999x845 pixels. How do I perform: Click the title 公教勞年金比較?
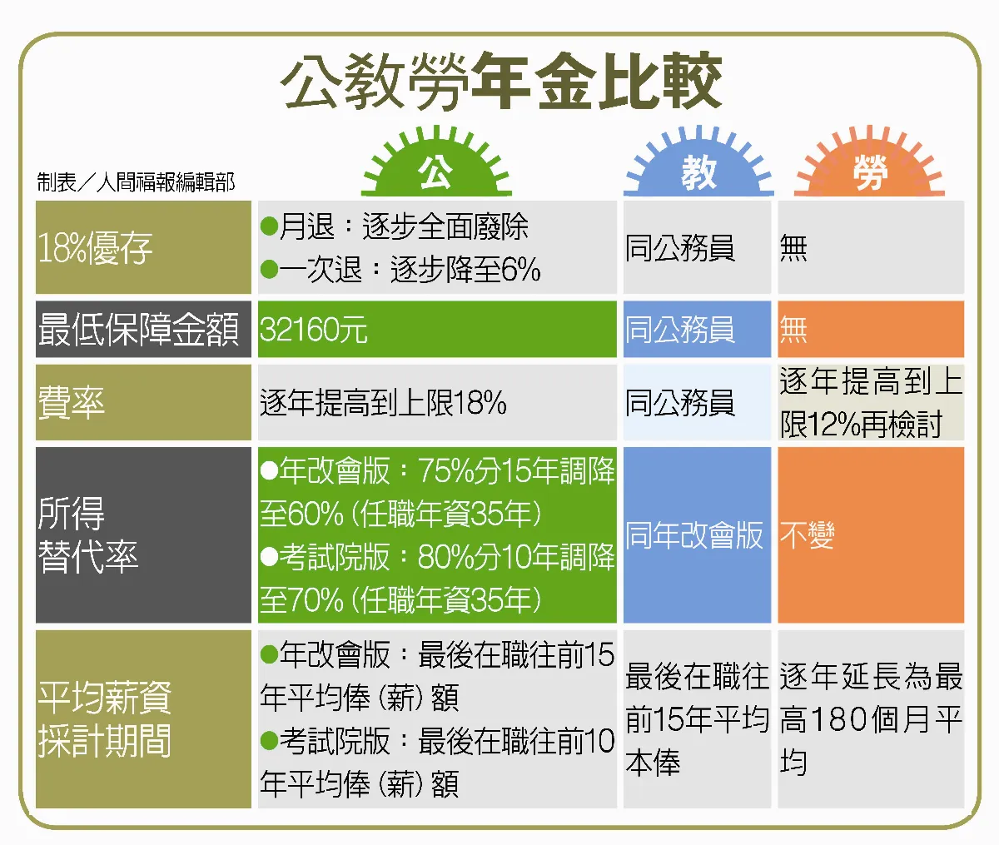pyautogui.click(x=501, y=83)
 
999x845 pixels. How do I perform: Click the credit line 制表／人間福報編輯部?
pyautogui.click(x=136, y=182)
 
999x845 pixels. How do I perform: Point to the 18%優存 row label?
pyautogui.click(x=96, y=248)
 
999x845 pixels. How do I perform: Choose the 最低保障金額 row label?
pyautogui.click(x=139, y=330)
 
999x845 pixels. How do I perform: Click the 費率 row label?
pyautogui.click(x=72, y=403)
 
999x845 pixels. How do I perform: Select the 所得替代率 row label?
pyautogui.click(x=87, y=535)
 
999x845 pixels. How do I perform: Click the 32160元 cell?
pyautogui.click(x=314, y=330)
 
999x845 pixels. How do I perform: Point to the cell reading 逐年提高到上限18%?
pyautogui.click(x=383, y=403)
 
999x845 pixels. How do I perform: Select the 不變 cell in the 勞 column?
pyautogui.click(x=807, y=535)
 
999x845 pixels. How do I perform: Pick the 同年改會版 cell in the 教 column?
pyautogui.click(x=694, y=535)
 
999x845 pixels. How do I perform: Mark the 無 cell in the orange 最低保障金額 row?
pyautogui.click(x=793, y=330)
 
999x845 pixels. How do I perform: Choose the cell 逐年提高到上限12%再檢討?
pyautogui.click(x=870, y=403)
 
